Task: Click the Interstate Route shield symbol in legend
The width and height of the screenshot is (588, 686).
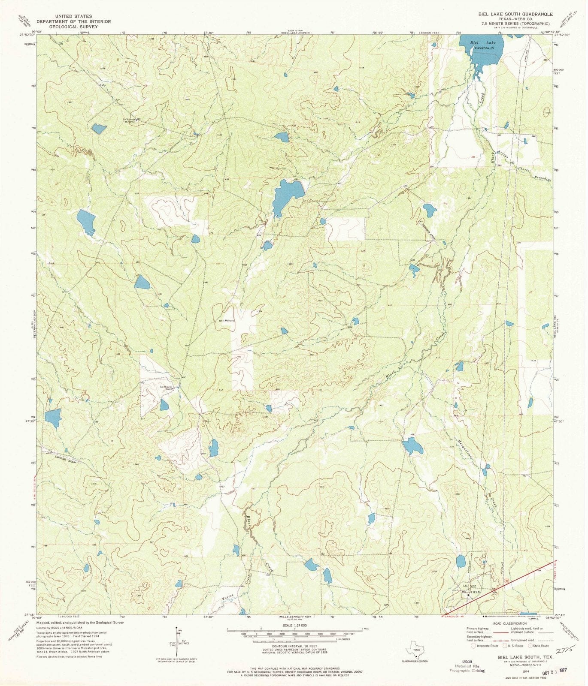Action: click(x=473, y=645)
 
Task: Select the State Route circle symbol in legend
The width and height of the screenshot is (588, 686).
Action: click(x=530, y=645)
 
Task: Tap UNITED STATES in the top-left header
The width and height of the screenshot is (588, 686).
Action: click(x=73, y=16)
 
